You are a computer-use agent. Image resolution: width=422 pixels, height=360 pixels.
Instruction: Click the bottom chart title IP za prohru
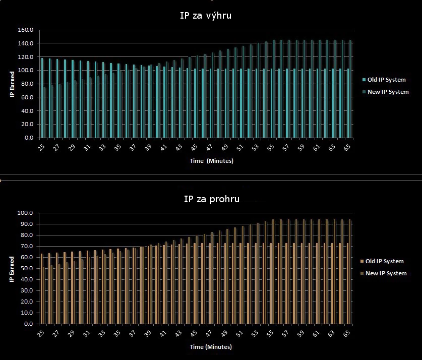(211, 199)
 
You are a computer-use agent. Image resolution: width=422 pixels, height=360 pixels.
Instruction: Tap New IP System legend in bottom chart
(383, 273)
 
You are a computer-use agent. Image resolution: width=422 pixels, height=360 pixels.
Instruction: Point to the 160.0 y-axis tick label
(25, 30)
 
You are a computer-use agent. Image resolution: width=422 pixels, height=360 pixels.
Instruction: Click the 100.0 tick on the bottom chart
(25, 213)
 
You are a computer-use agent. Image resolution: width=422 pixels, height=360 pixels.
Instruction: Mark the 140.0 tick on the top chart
(25, 43)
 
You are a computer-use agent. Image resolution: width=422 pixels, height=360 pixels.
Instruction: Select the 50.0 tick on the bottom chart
(26, 269)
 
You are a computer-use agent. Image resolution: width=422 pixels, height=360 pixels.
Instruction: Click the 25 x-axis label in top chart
(41, 147)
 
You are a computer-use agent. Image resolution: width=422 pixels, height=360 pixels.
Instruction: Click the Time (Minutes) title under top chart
(212, 161)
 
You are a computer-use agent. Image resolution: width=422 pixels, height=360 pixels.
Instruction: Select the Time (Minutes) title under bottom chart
(211, 347)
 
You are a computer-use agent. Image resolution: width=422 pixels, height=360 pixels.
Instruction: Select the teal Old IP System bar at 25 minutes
(42, 98)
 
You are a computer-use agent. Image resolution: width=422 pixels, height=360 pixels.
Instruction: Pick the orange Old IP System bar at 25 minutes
(42, 289)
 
